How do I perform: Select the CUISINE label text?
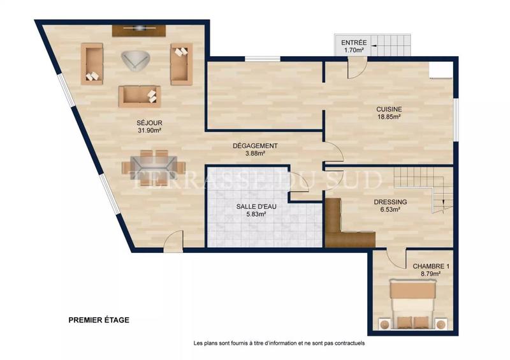pyautogui.click(x=388, y=109)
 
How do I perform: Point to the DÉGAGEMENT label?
pyautogui.click(x=255, y=145)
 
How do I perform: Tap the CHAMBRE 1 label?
pyautogui.click(x=426, y=266)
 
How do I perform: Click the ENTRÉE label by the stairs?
pyautogui.click(x=353, y=41)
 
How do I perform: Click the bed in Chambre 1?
pyautogui.click(x=412, y=304)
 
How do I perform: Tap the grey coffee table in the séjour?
pyautogui.click(x=135, y=60)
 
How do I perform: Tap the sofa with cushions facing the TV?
pyautogui.click(x=139, y=96)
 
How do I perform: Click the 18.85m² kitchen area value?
pyautogui.click(x=388, y=117)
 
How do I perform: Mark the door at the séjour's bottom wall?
pyautogui.click(x=171, y=242)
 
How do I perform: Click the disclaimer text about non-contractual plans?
pyautogui.click(x=279, y=343)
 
